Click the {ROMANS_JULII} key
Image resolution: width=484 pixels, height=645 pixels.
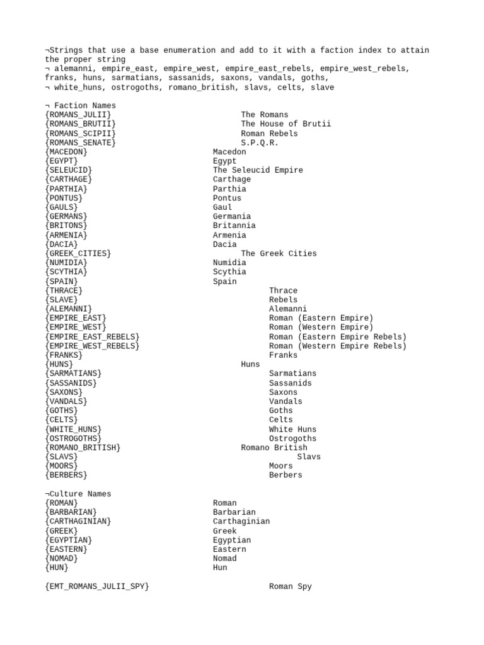tap(78, 115)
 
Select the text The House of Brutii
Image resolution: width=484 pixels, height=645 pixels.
tap(285, 124)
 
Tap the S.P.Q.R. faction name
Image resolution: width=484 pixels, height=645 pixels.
tap(260, 142)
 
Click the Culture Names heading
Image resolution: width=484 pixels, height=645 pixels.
tap(81, 494)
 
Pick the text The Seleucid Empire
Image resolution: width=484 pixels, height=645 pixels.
tap(258, 170)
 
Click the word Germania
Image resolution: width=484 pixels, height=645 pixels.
tap(231, 216)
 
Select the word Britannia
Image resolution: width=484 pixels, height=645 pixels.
tap(234, 225)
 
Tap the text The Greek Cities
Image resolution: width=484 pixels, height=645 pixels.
tap(279, 253)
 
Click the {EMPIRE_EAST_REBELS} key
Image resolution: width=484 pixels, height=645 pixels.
tap(92, 336)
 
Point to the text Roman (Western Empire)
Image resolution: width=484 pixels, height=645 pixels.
tap(321, 327)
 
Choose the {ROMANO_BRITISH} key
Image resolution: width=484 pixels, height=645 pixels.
tap(83, 447)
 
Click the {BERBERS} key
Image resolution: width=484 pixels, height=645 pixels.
tap(66, 475)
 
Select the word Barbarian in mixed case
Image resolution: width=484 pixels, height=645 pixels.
tap(234, 512)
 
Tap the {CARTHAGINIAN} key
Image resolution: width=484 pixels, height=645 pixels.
tap(78, 522)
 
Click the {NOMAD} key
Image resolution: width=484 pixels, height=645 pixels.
tap(62, 558)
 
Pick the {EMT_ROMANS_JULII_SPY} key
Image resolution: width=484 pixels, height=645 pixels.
tap(97, 586)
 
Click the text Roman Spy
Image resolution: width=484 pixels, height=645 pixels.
tap(290, 586)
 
